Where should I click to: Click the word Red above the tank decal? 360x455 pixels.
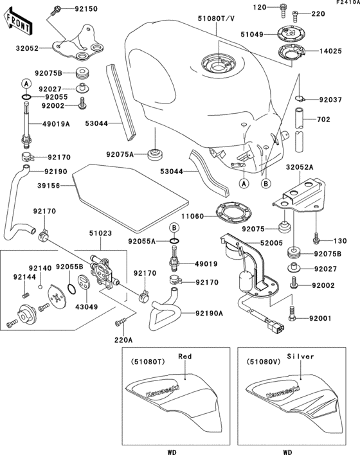[x=185, y=355]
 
